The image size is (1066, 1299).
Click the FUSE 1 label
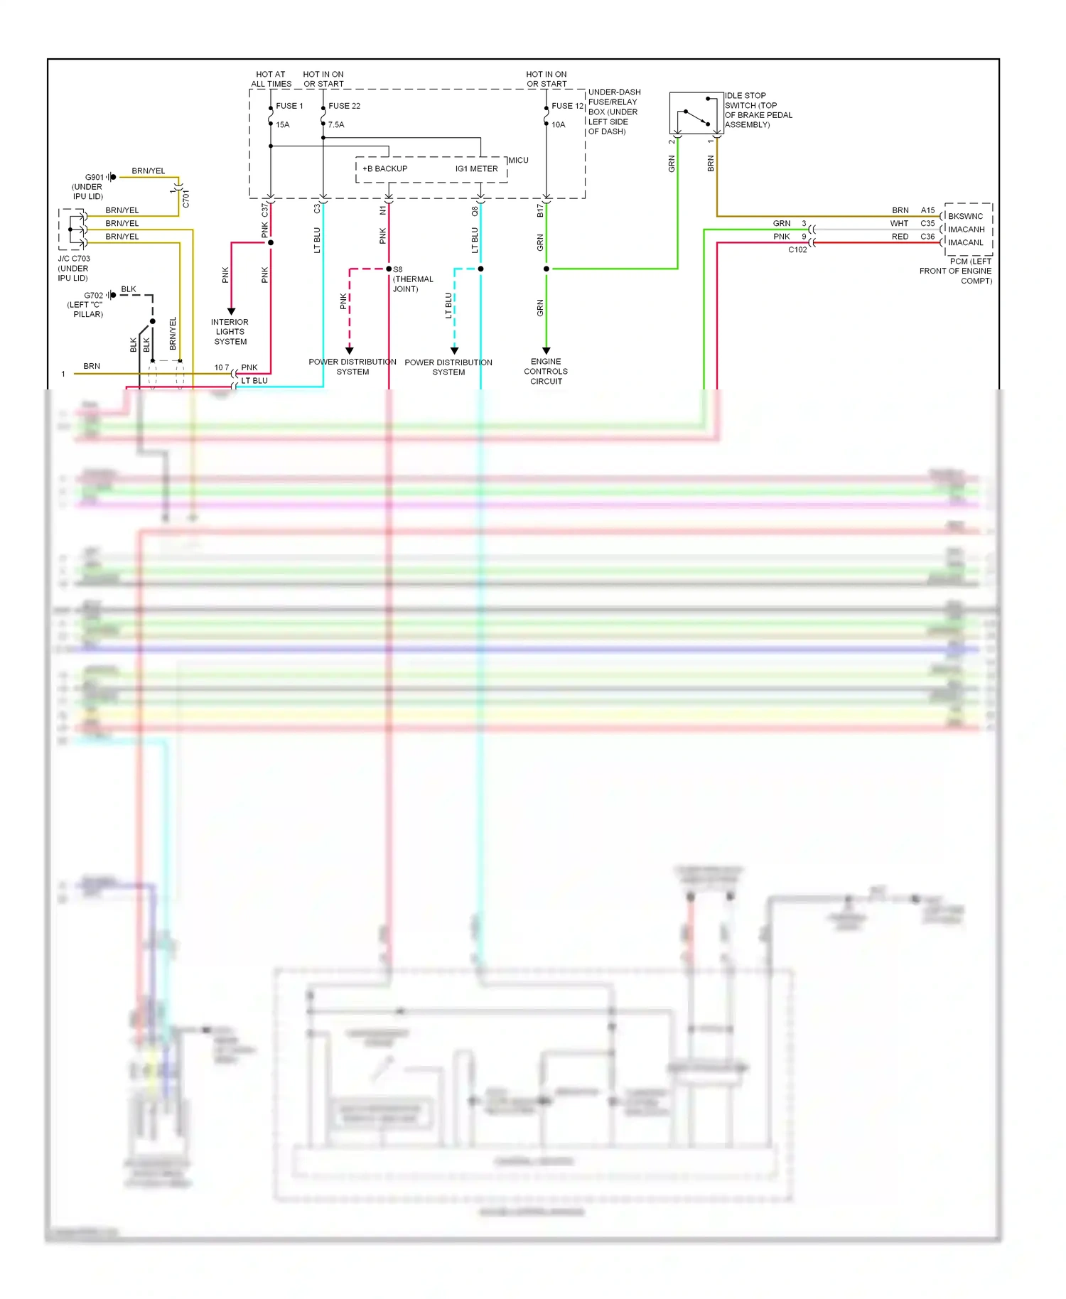click(x=289, y=106)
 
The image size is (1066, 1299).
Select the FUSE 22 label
click(x=344, y=106)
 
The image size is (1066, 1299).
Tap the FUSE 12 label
click(x=567, y=106)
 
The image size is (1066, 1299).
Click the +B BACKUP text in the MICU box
click(x=384, y=169)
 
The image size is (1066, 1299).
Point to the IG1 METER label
click(x=476, y=169)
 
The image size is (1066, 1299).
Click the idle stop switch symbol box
click(x=696, y=112)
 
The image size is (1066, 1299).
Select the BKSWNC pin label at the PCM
click(x=965, y=217)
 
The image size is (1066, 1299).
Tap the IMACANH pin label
click(x=966, y=230)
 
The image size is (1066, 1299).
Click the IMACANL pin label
click(x=965, y=243)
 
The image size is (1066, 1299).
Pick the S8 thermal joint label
click(x=398, y=270)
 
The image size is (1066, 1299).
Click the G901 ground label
click(x=94, y=178)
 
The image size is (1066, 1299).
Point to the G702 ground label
click(x=93, y=296)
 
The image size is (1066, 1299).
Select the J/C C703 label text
click(x=74, y=259)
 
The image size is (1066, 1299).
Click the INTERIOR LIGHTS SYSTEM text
click(x=230, y=332)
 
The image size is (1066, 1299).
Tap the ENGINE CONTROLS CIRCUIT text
click(x=546, y=372)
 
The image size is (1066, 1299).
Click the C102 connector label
click(x=797, y=250)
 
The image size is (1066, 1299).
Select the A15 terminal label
click(x=927, y=210)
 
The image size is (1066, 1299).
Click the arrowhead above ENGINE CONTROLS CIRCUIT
click(x=546, y=350)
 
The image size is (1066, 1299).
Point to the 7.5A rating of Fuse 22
click(x=335, y=125)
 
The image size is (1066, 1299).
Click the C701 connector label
click(x=186, y=199)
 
